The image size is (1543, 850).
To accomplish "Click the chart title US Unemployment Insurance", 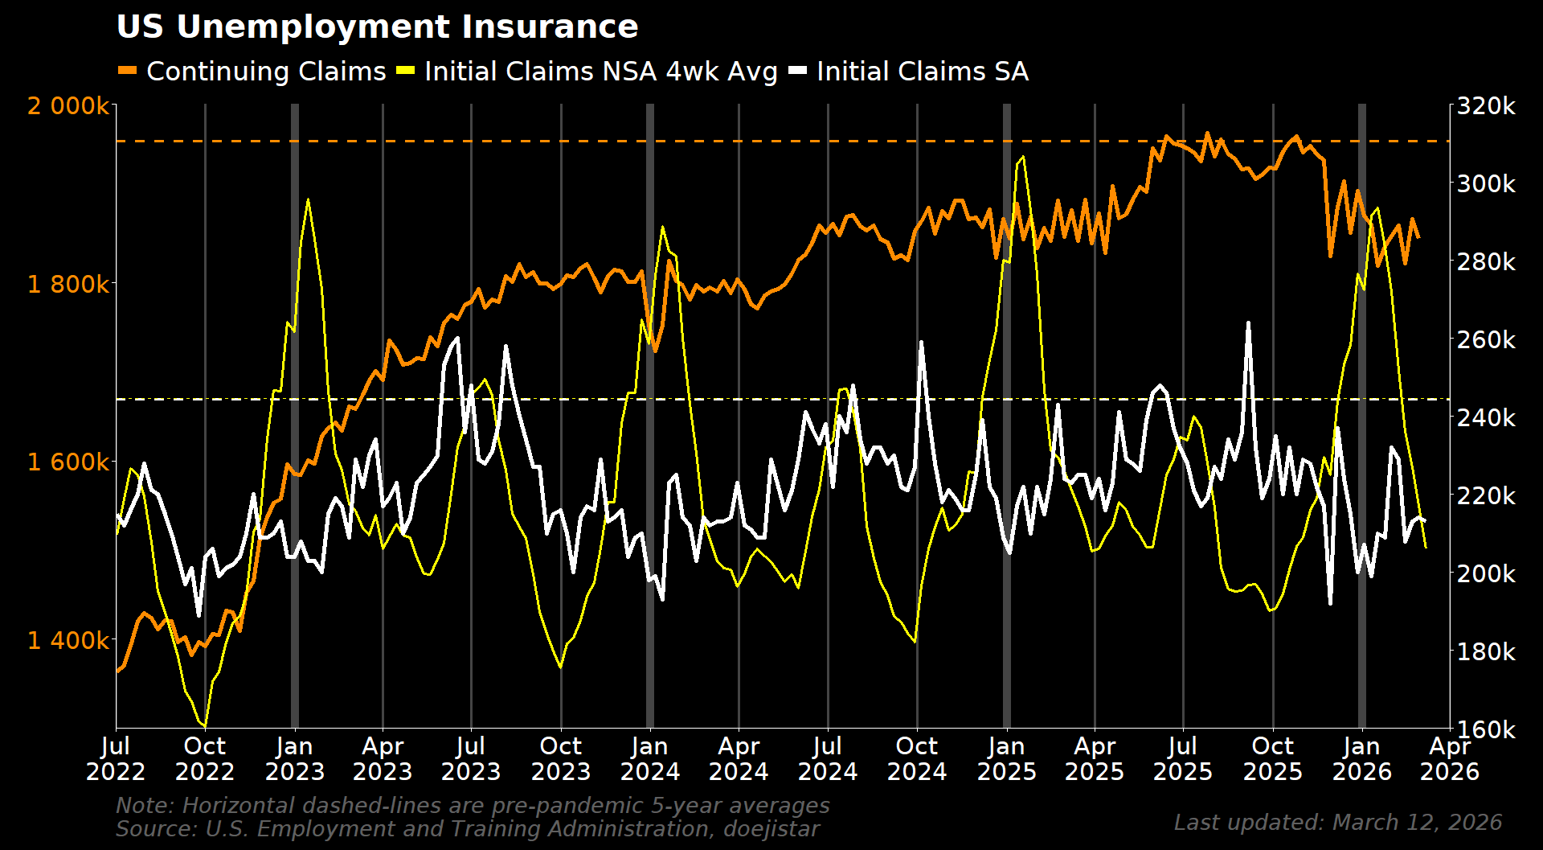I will (x=377, y=27).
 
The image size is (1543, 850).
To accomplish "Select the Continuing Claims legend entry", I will (x=265, y=72).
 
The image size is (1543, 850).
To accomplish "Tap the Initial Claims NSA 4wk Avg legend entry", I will (x=600, y=72).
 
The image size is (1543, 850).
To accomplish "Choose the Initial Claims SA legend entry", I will (x=922, y=72).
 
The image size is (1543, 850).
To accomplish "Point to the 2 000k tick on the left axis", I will (x=68, y=106).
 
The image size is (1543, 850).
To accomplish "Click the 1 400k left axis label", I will (x=68, y=641).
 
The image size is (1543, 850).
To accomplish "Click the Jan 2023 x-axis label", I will (x=294, y=759).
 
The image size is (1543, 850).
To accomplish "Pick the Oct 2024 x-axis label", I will (x=917, y=759).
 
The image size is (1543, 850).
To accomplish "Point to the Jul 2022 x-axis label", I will (x=116, y=759).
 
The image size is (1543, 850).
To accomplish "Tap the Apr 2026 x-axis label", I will (x=1450, y=759).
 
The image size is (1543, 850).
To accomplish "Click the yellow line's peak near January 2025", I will (x=1022, y=157).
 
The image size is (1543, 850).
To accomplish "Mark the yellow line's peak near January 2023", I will (x=308, y=199).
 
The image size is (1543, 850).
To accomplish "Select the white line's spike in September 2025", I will (x=1248, y=323).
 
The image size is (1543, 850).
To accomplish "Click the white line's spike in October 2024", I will (x=921, y=342).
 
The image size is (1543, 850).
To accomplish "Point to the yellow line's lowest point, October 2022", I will (x=205, y=726).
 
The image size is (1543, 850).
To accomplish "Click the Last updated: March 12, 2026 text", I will (x=1337, y=823).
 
